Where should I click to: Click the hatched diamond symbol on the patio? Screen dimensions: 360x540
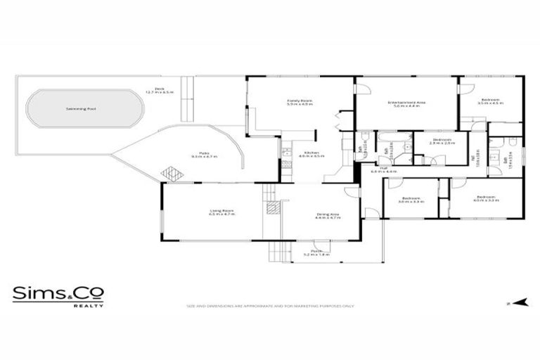coord(171,172)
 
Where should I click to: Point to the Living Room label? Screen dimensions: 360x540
coord(221,212)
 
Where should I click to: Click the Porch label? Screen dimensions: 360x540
coord(316,252)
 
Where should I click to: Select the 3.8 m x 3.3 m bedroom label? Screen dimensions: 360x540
coord(412,200)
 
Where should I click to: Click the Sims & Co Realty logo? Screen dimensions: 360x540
coord(58,296)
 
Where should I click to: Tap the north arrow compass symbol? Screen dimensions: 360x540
coord(520,303)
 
